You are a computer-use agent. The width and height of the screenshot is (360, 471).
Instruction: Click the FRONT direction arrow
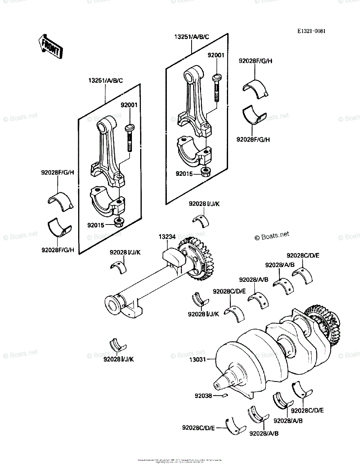[50, 47]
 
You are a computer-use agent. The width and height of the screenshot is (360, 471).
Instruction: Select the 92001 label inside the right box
[216, 55]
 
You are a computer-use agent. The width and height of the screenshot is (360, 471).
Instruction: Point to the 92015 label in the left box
[96, 226]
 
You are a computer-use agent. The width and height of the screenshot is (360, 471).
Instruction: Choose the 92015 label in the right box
[184, 173]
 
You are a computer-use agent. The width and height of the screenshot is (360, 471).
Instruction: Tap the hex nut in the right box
[205, 171]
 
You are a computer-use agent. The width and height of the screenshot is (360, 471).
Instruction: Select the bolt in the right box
[216, 88]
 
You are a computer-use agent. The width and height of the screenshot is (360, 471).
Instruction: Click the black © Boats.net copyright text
[272, 235]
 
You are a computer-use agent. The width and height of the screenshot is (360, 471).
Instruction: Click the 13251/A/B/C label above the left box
[105, 81]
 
